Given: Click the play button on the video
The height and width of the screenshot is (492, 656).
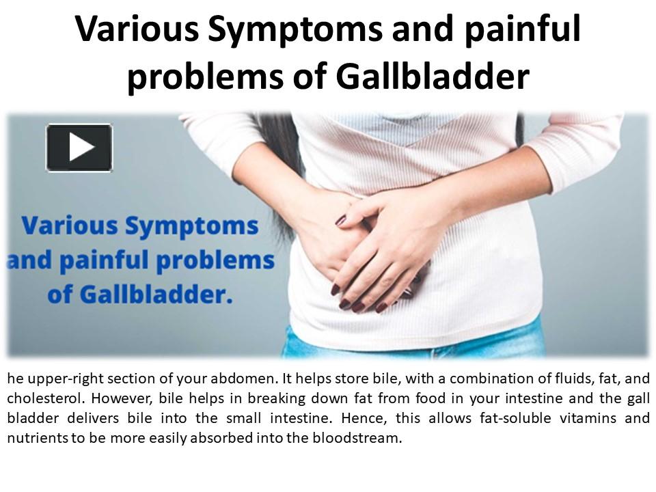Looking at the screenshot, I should (79, 148).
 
